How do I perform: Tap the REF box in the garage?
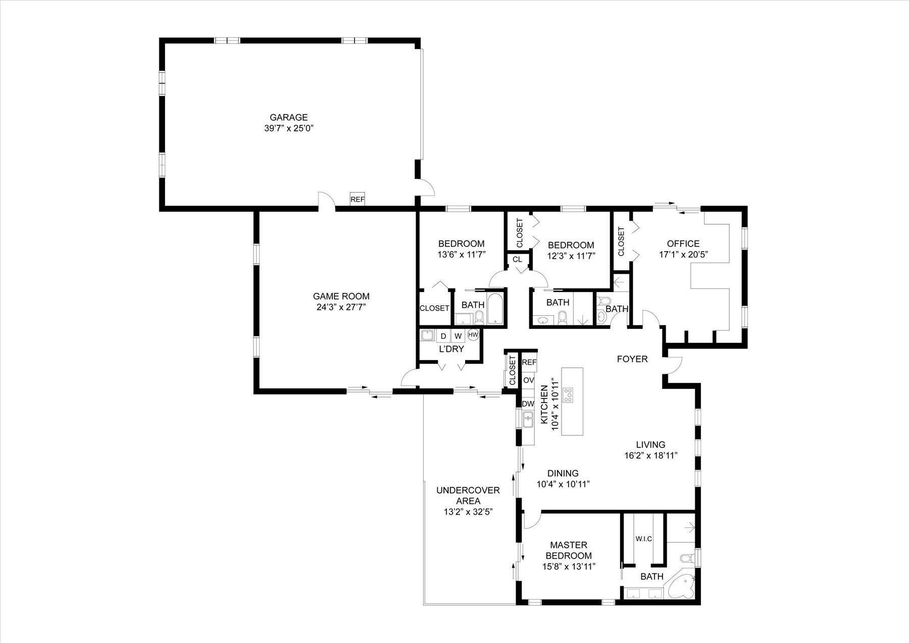(x=358, y=200)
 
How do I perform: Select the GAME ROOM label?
(x=341, y=296)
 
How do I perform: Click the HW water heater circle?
(x=473, y=334)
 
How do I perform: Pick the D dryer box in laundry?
(x=443, y=336)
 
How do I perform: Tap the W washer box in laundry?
(x=458, y=336)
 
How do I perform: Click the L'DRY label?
(x=451, y=349)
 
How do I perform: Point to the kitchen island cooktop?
(x=569, y=394)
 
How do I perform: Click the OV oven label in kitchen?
(x=529, y=380)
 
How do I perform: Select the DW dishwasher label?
(x=528, y=404)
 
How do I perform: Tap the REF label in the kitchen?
(x=529, y=362)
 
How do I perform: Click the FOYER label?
(x=632, y=359)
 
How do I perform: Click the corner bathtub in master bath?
(x=682, y=588)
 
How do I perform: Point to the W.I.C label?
(x=643, y=539)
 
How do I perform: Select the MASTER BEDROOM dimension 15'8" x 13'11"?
(x=569, y=567)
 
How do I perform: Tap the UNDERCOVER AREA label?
(x=468, y=496)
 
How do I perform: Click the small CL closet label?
(x=517, y=260)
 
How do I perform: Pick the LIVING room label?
(x=650, y=444)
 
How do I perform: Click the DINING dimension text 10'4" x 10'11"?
(x=563, y=484)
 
